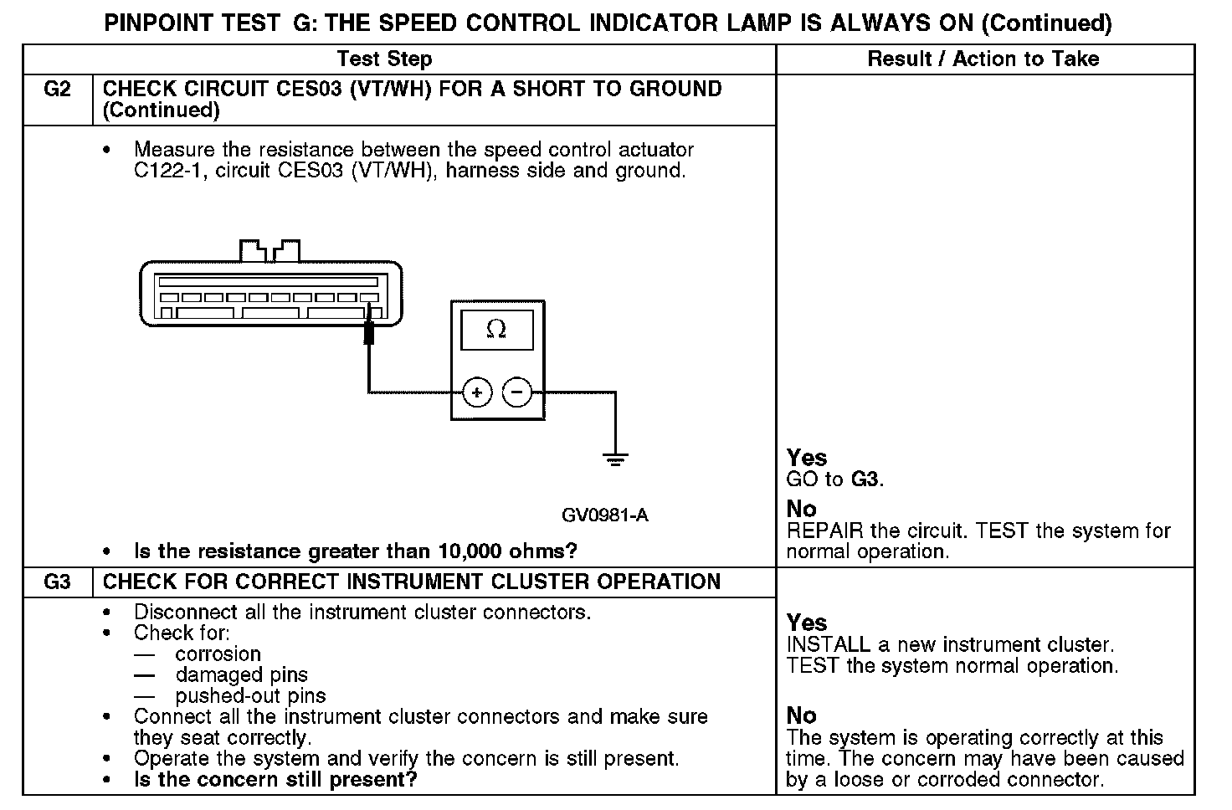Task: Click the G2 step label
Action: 56,89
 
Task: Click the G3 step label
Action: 56,582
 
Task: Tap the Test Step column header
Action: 384,59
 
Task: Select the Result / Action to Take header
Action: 983,59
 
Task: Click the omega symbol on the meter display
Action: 496,330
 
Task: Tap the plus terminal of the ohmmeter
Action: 477,392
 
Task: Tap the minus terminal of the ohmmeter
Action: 517,392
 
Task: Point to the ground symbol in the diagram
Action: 615,458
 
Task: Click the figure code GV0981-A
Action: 604,515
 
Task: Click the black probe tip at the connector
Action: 368,332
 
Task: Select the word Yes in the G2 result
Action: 807,458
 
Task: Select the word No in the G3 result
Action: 801,715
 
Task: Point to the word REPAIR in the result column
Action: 825,531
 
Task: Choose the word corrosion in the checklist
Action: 218,654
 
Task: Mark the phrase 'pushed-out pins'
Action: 250,695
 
